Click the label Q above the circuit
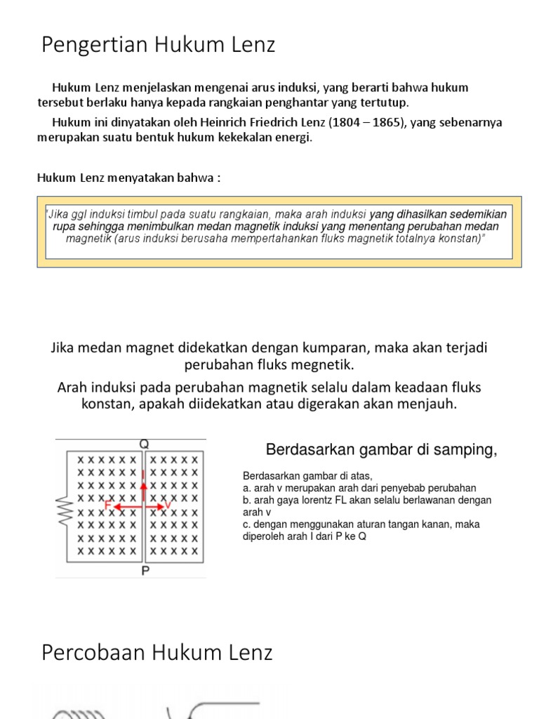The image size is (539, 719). (x=144, y=444)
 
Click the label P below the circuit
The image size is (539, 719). (x=145, y=571)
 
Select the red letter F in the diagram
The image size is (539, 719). (x=107, y=506)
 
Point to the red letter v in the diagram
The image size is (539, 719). (x=168, y=506)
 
